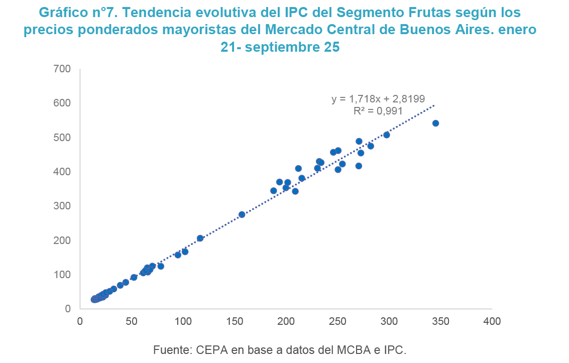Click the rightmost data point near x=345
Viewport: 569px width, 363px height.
[x=435, y=124]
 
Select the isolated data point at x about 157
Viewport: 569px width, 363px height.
[x=242, y=214]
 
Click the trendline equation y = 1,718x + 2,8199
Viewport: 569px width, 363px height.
[x=378, y=99]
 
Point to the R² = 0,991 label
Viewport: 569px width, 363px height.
[x=378, y=111]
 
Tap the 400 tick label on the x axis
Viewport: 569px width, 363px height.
[x=492, y=321]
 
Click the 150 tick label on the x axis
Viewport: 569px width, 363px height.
[x=235, y=321]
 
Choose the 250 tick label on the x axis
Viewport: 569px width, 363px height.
[x=337, y=321]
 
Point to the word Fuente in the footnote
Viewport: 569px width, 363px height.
[x=170, y=350]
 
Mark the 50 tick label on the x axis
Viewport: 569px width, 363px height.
[x=131, y=321]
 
